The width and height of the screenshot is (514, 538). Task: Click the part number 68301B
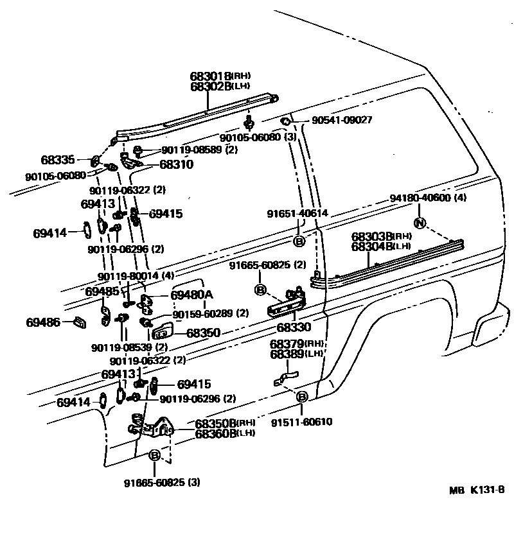pyautogui.click(x=209, y=75)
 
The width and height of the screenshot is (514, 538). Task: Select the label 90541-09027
pyautogui.click(x=342, y=120)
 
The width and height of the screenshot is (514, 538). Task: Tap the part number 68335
pyautogui.click(x=58, y=159)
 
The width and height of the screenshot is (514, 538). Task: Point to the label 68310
pyautogui.click(x=177, y=164)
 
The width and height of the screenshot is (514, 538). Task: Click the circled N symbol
pyautogui.click(x=420, y=223)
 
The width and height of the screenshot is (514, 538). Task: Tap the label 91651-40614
pyautogui.click(x=297, y=213)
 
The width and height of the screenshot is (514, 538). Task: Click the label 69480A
pyautogui.click(x=192, y=295)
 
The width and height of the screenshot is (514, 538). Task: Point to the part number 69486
pyautogui.click(x=44, y=322)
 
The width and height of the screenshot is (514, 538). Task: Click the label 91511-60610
pyautogui.click(x=301, y=422)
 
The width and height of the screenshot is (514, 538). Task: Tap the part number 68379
pyautogui.click(x=287, y=345)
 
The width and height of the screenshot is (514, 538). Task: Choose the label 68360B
pyautogui.click(x=215, y=433)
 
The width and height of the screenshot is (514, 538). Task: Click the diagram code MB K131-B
pyautogui.click(x=477, y=490)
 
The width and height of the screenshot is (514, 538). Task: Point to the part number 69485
pyautogui.click(x=102, y=291)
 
